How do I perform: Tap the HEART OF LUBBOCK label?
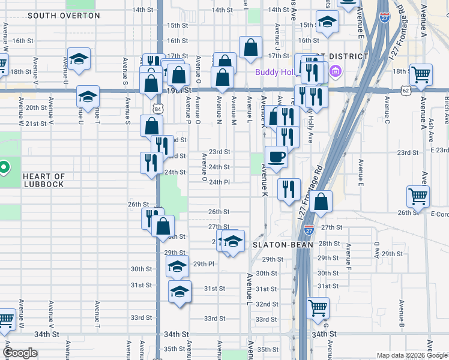[x=44, y=180]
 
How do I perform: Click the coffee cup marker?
[x=276, y=157]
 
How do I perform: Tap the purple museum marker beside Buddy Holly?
[x=335, y=73]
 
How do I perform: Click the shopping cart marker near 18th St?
[x=421, y=75]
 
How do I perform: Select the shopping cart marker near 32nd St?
[x=318, y=308]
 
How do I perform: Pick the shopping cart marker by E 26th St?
[x=418, y=196]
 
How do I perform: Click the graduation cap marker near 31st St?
[x=179, y=292]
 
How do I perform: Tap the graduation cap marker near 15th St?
[x=327, y=23]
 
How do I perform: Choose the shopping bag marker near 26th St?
[x=322, y=203]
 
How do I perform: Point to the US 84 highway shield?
[x=157, y=109]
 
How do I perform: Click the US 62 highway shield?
[x=406, y=90]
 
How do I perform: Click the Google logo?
[x=20, y=352]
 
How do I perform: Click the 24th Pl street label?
[x=219, y=182]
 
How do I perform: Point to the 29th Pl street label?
[x=204, y=264]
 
